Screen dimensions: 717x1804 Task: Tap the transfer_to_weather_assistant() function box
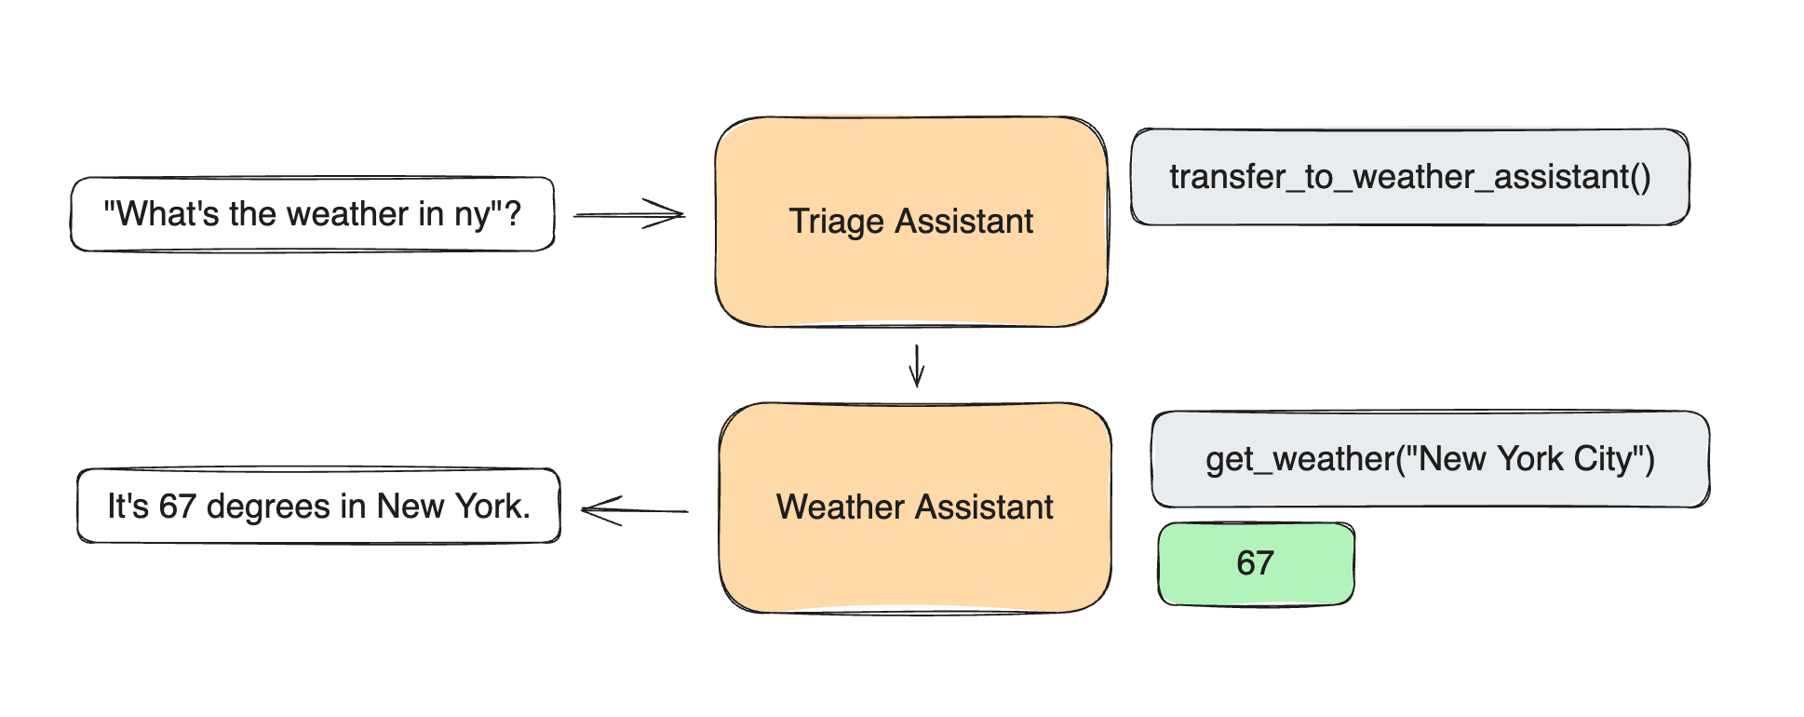1409,177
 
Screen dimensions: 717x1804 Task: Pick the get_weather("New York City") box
1430,459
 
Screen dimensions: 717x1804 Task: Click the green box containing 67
1256,563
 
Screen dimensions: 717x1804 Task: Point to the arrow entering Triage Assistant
629,214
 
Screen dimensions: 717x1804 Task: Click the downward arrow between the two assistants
917,365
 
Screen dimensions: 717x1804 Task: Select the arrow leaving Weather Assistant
633,509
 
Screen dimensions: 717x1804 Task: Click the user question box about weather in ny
313,214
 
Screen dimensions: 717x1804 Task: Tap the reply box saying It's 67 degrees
318,506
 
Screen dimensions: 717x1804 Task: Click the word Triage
836,222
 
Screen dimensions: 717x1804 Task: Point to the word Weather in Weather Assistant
840,507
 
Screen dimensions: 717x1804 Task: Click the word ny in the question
472,215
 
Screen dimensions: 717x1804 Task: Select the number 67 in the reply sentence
177,507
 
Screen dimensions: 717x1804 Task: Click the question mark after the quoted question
512,214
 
